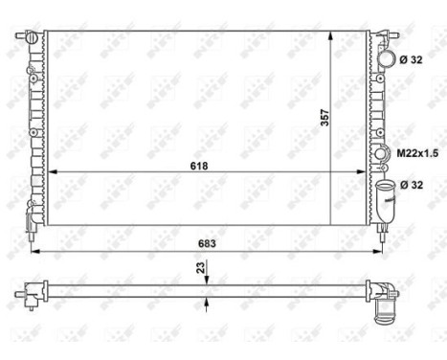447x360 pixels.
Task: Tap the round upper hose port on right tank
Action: tap(387, 59)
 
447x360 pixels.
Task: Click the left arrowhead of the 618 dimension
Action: tap(53, 171)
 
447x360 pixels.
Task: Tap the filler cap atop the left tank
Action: tap(32, 38)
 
